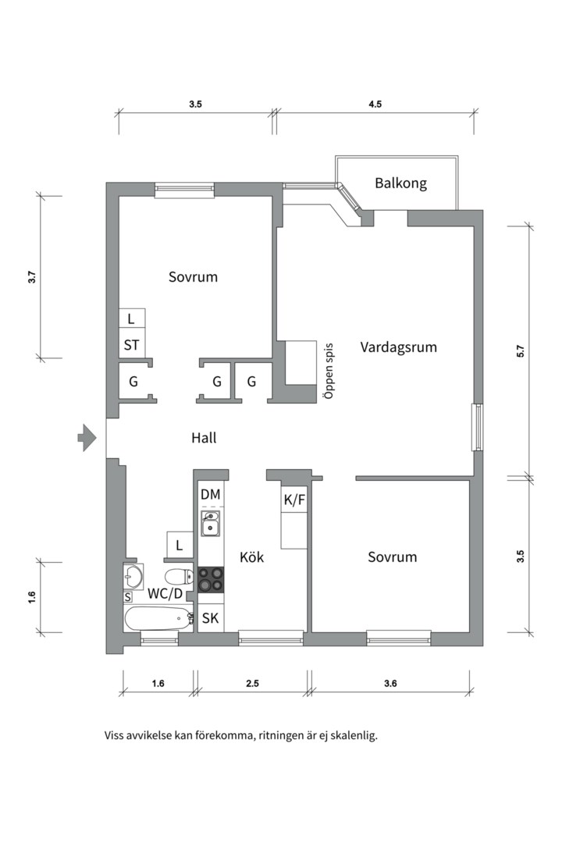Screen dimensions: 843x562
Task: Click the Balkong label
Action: click(400, 183)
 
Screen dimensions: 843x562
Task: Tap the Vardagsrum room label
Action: click(398, 347)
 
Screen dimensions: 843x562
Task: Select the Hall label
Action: click(204, 439)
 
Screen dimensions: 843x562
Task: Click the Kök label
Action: click(251, 557)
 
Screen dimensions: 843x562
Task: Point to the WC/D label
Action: click(165, 593)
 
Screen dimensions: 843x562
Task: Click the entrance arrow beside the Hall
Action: click(86, 439)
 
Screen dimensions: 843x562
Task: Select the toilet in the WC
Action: click(180, 578)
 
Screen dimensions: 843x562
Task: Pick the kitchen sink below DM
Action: click(211, 525)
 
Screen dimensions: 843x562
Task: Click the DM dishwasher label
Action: click(211, 494)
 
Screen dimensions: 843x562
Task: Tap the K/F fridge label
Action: click(294, 500)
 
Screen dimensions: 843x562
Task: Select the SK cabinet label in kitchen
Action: click(210, 619)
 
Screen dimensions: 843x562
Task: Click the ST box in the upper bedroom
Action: click(131, 344)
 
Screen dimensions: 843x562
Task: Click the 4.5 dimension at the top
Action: click(375, 105)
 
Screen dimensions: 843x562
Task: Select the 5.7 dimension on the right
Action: click(520, 351)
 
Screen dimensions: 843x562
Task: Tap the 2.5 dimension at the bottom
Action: click(251, 684)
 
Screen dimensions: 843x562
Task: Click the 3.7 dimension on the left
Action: click(32, 277)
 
